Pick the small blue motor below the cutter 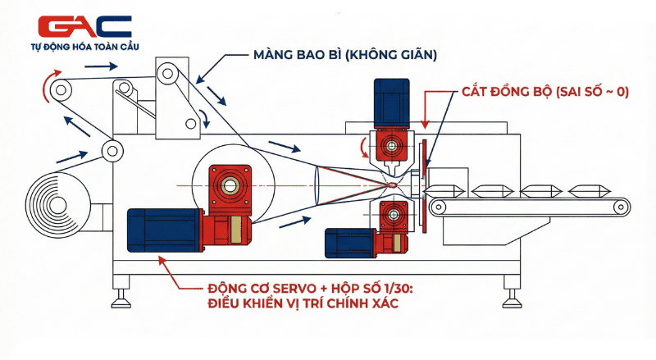pos(349,244)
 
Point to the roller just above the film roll pos(110,150)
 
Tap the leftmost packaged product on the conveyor pos(448,190)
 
